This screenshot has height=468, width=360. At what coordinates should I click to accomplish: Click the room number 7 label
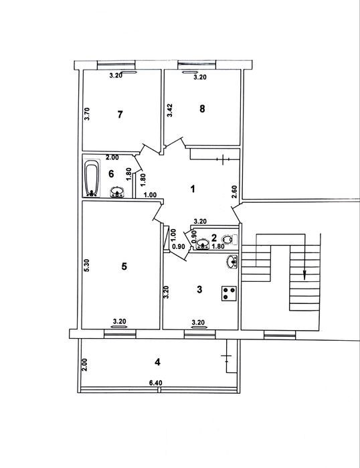point(120,114)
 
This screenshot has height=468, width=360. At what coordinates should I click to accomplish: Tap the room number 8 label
point(202,108)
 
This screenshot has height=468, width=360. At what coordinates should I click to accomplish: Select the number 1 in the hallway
point(193,189)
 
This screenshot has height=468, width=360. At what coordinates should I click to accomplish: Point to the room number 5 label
point(124,266)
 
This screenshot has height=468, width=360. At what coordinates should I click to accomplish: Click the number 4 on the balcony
point(157,362)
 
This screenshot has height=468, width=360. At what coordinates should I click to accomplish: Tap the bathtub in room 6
point(92,179)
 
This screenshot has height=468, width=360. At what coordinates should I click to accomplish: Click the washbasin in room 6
point(117,192)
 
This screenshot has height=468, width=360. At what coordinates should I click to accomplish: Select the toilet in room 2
point(230,239)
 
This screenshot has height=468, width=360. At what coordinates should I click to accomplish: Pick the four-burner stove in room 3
point(229,293)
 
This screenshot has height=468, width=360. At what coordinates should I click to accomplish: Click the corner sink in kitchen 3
point(232,262)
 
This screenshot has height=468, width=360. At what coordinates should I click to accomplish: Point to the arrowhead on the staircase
point(304,275)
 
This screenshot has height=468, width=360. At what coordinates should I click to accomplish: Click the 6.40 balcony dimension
point(156,383)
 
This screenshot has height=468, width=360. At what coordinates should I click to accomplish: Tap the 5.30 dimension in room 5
point(87,265)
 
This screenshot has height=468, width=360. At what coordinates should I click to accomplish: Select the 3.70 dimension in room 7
point(87,114)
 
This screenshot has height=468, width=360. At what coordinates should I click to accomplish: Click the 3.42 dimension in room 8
point(170,110)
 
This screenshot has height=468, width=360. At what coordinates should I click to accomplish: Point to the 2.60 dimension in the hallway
point(234,191)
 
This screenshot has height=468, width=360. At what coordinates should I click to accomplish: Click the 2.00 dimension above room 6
point(112,157)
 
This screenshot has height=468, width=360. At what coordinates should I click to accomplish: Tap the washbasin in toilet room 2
point(203,244)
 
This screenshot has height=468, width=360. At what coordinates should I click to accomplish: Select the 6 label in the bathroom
point(111,173)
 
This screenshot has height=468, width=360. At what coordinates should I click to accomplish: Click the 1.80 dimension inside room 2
point(217,246)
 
